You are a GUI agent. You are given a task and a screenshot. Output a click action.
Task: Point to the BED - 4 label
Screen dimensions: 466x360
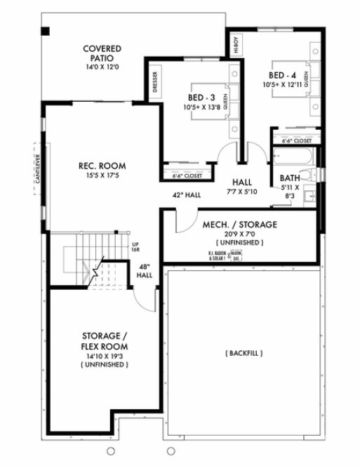(x=284, y=74)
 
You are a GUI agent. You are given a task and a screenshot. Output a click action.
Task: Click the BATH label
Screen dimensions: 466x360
(x=289, y=178)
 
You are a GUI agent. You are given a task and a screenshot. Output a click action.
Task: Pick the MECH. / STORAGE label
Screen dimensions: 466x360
(x=239, y=225)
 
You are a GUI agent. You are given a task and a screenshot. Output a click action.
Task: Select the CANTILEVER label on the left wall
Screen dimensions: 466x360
(x=36, y=169)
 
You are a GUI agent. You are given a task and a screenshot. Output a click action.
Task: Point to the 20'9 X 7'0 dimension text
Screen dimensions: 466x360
(x=239, y=234)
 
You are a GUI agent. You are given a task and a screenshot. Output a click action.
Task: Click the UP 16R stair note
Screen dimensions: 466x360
(x=135, y=246)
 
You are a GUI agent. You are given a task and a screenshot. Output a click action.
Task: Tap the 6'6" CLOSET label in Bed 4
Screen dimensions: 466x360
(x=296, y=140)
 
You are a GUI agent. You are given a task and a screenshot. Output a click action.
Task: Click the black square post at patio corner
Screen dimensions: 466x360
(x=46, y=31)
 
